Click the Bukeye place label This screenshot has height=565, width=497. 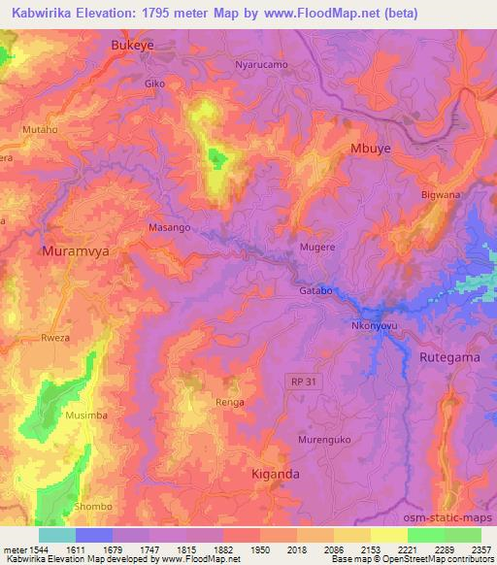(134, 45)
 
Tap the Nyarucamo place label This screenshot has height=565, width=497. (262, 65)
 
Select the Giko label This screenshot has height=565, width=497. (154, 83)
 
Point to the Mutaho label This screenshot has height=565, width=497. (40, 128)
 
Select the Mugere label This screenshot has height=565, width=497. (317, 248)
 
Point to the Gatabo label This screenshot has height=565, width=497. (315, 291)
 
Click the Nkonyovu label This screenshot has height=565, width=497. (370, 326)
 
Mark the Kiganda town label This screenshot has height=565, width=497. (276, 474)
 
